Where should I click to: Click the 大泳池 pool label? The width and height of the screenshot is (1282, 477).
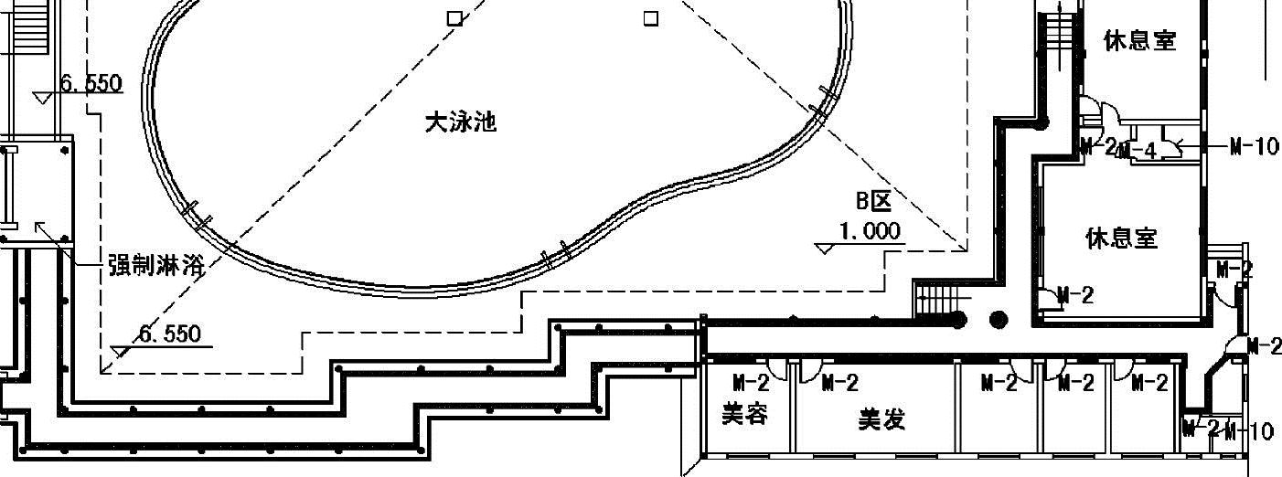coord(461,122)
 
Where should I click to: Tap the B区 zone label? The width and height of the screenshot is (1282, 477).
coord(873,201)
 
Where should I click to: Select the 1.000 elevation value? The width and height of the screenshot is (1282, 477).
coord(869,231)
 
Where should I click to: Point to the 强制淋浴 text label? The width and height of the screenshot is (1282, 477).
coord(156,266)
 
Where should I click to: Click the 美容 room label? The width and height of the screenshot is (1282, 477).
coord(744,415)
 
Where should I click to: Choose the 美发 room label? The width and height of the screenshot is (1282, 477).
coord(881,419)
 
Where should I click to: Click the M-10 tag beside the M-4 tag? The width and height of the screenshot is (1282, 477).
coord(1254,146)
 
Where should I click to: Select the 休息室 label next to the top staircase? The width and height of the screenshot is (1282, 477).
coord(1139,41)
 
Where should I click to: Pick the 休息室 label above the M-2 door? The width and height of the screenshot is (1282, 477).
coord(1121,238)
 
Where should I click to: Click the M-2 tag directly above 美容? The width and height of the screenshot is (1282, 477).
coord(750,383)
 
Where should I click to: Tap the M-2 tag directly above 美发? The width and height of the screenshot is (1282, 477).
coord(839,383)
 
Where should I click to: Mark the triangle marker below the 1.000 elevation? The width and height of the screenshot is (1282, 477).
coord(826,249)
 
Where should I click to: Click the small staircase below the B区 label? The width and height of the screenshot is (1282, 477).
coord(934,299)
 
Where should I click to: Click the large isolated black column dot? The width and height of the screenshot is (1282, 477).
coord(999,320)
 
